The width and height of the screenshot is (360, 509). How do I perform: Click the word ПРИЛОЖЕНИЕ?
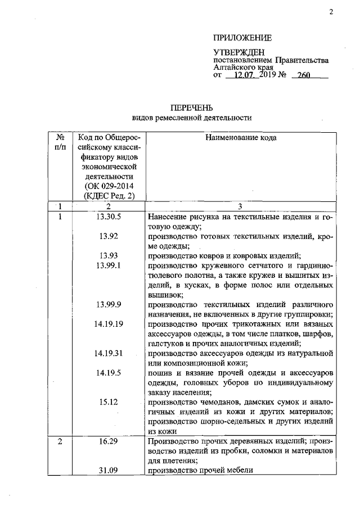tap(242, 38)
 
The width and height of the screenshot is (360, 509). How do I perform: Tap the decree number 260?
tap(305, 76)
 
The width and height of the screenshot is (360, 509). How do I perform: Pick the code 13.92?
tap(107, 236)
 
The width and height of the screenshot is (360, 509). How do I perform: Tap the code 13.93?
tap(107, 255)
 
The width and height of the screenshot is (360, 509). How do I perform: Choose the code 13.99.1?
tap(110, 265)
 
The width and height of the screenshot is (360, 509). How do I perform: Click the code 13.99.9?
tap(110, 304)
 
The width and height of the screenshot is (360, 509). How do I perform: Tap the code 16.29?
tap(107, 442)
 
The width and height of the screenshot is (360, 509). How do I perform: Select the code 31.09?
tap(107, 471)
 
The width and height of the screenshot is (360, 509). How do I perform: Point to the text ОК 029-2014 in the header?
tap(109, 186)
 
